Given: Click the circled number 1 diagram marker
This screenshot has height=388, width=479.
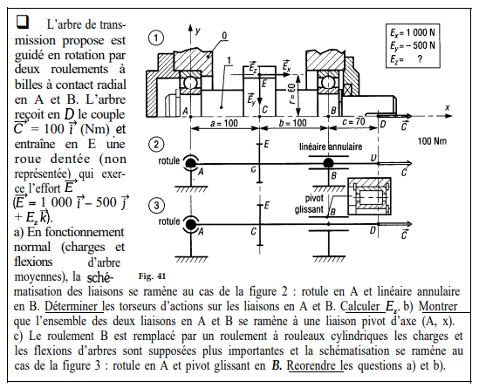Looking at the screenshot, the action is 156,37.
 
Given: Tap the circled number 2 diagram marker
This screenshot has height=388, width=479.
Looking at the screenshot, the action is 156,144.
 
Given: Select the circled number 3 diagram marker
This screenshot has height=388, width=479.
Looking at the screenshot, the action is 156,205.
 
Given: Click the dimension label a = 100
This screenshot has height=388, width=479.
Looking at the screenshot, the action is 224,123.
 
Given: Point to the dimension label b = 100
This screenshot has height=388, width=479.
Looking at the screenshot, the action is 292,123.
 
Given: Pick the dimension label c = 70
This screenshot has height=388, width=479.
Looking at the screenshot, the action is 353,122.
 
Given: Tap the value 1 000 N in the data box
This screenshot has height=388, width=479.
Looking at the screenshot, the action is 420,32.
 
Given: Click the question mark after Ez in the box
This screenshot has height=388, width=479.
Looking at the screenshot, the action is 420,59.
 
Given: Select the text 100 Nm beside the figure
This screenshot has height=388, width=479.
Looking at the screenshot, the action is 432,141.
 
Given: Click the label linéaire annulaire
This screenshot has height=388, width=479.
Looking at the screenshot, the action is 331,146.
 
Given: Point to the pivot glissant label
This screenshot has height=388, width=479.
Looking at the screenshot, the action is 309,204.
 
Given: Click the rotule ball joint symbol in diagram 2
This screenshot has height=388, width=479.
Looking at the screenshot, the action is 191,164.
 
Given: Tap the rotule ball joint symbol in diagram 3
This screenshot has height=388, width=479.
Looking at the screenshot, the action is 191,225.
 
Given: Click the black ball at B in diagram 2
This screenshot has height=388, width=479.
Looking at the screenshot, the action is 328,163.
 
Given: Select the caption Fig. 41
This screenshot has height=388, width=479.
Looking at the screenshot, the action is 152,276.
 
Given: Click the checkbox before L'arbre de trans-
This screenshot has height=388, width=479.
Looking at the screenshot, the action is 23,22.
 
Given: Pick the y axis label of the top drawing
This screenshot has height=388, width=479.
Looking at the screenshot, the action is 198,31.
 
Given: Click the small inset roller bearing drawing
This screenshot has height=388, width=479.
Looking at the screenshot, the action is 370,196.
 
